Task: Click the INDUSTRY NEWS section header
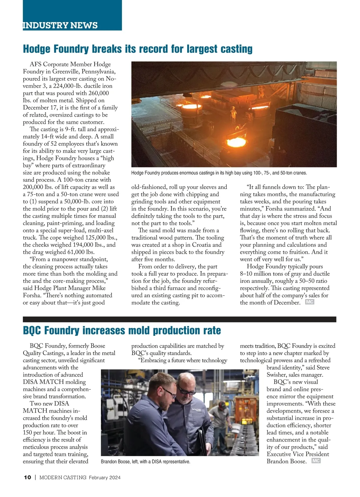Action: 60,25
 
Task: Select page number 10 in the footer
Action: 27,478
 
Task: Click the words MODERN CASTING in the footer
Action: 63,478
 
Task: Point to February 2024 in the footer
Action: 104,478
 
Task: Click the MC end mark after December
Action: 310,302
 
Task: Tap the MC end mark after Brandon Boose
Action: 316,461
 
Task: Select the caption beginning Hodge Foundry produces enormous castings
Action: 219,173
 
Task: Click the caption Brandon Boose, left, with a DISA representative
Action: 145,462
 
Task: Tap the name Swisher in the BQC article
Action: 277,375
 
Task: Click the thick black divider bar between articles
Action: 179,319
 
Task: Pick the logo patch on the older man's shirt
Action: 196,409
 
